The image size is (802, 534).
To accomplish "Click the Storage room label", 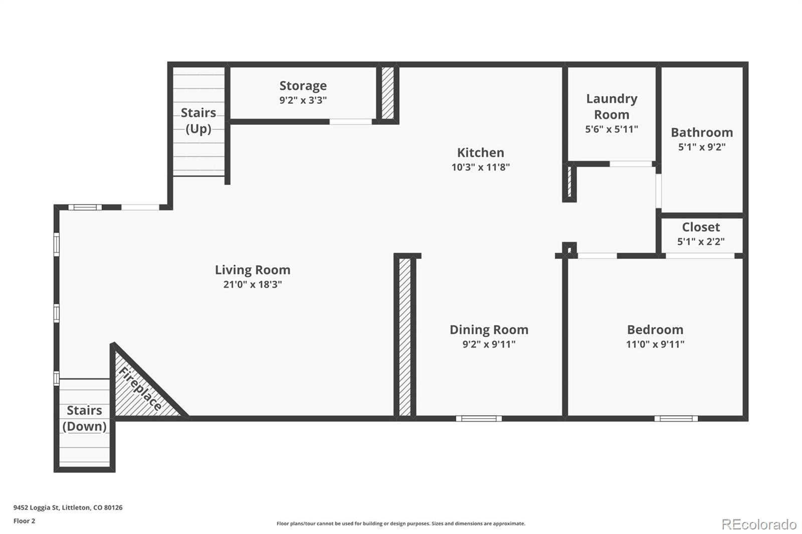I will [x=303, y=86].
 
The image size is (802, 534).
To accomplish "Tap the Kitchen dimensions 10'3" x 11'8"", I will [x=480, y=167].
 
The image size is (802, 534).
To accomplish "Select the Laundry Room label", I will [x=612, y=106].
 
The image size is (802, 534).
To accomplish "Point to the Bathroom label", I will [x=701, y=132].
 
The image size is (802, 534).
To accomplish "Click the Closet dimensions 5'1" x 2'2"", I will [x=701, y=242].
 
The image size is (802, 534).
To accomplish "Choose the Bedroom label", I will [x=655, y=329].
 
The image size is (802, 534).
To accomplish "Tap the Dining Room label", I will [x=489, y=329].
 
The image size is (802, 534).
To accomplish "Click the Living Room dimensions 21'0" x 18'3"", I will [x=253, y=284].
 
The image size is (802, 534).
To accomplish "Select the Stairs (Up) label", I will [x=198, y=120].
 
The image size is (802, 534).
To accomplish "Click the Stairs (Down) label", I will [x=84, y=418].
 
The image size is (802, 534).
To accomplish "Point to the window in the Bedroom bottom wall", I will [x=676, y=418].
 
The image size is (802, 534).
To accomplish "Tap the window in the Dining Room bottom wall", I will [x=479, y=418].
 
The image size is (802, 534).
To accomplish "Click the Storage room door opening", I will [x=350, y=121].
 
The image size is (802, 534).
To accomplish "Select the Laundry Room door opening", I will [x=631, y=164].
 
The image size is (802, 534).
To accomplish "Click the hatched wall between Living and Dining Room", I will [x=405, y=336].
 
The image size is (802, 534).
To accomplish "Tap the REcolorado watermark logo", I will [x=758, y=524].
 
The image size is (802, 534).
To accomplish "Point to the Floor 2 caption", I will [x=24, y=521].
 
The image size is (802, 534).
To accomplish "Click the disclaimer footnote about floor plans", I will [x=401, y=523].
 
